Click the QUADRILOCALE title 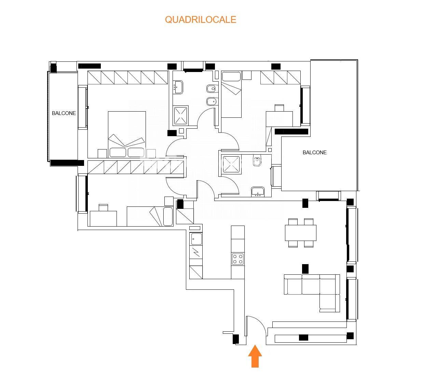point(201,19)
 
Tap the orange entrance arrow point(255,356)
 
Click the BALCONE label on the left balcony point(64,113)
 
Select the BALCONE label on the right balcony point(314,153)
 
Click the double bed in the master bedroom point(127,134)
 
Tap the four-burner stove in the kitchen point(238,259)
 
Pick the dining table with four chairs point(301,233)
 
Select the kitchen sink point(196,239)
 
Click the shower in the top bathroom point(180,116)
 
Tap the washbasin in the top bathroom point(178,87)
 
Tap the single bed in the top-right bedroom point(231,94)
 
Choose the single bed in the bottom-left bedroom point(150,216)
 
